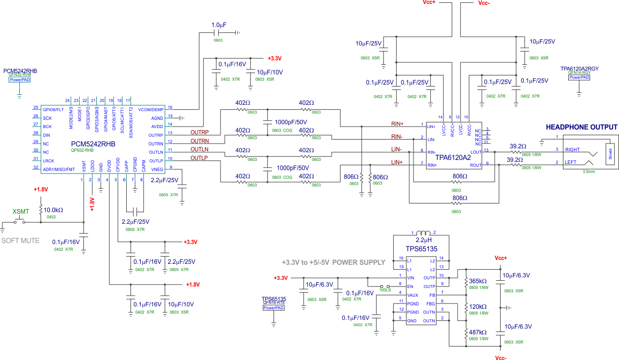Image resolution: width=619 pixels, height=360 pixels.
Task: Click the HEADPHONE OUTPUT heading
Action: [581, 127]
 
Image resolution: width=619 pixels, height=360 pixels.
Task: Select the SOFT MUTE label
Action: [21, 240]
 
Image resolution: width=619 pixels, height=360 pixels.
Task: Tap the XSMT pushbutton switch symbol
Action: [20, 221]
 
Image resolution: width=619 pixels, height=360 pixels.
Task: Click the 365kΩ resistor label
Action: [478, 281]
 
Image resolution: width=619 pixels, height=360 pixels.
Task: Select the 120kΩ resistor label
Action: [478, 306]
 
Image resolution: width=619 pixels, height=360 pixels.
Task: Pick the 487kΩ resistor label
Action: [478, 332]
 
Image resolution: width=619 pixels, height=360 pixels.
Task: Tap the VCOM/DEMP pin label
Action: [151, 109]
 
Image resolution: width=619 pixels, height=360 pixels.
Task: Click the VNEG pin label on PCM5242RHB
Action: [157, 169]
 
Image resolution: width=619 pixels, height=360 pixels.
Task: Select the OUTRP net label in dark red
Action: [199, 132]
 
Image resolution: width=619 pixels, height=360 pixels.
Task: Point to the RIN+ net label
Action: [397, 123]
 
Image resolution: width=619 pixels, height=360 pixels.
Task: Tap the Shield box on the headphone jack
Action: [610, 153]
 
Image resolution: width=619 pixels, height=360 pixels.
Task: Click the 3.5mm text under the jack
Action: [589, 171]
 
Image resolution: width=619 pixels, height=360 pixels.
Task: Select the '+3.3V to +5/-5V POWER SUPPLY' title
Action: [333, 262]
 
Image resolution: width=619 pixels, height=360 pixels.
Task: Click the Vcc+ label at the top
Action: [429, 2]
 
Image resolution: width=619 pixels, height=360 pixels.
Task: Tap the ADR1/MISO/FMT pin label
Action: [59, 169]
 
